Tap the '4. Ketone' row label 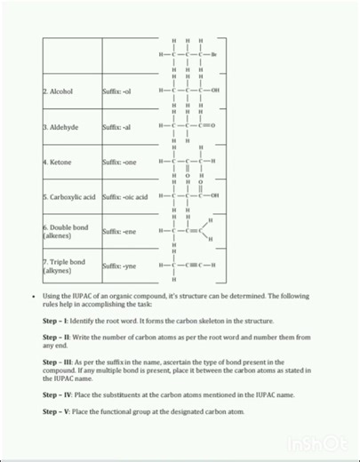[x=59, y=163]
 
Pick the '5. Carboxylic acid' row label [x=70, y=195]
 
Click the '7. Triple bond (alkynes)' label [x=64, y=266]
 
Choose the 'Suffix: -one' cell [x=119, y=163]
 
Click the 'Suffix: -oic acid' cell [x=124, y=195]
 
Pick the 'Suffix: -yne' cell [x=119, y=266]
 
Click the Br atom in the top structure [x=214, y=55]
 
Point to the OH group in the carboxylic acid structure [x=215, y=195]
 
